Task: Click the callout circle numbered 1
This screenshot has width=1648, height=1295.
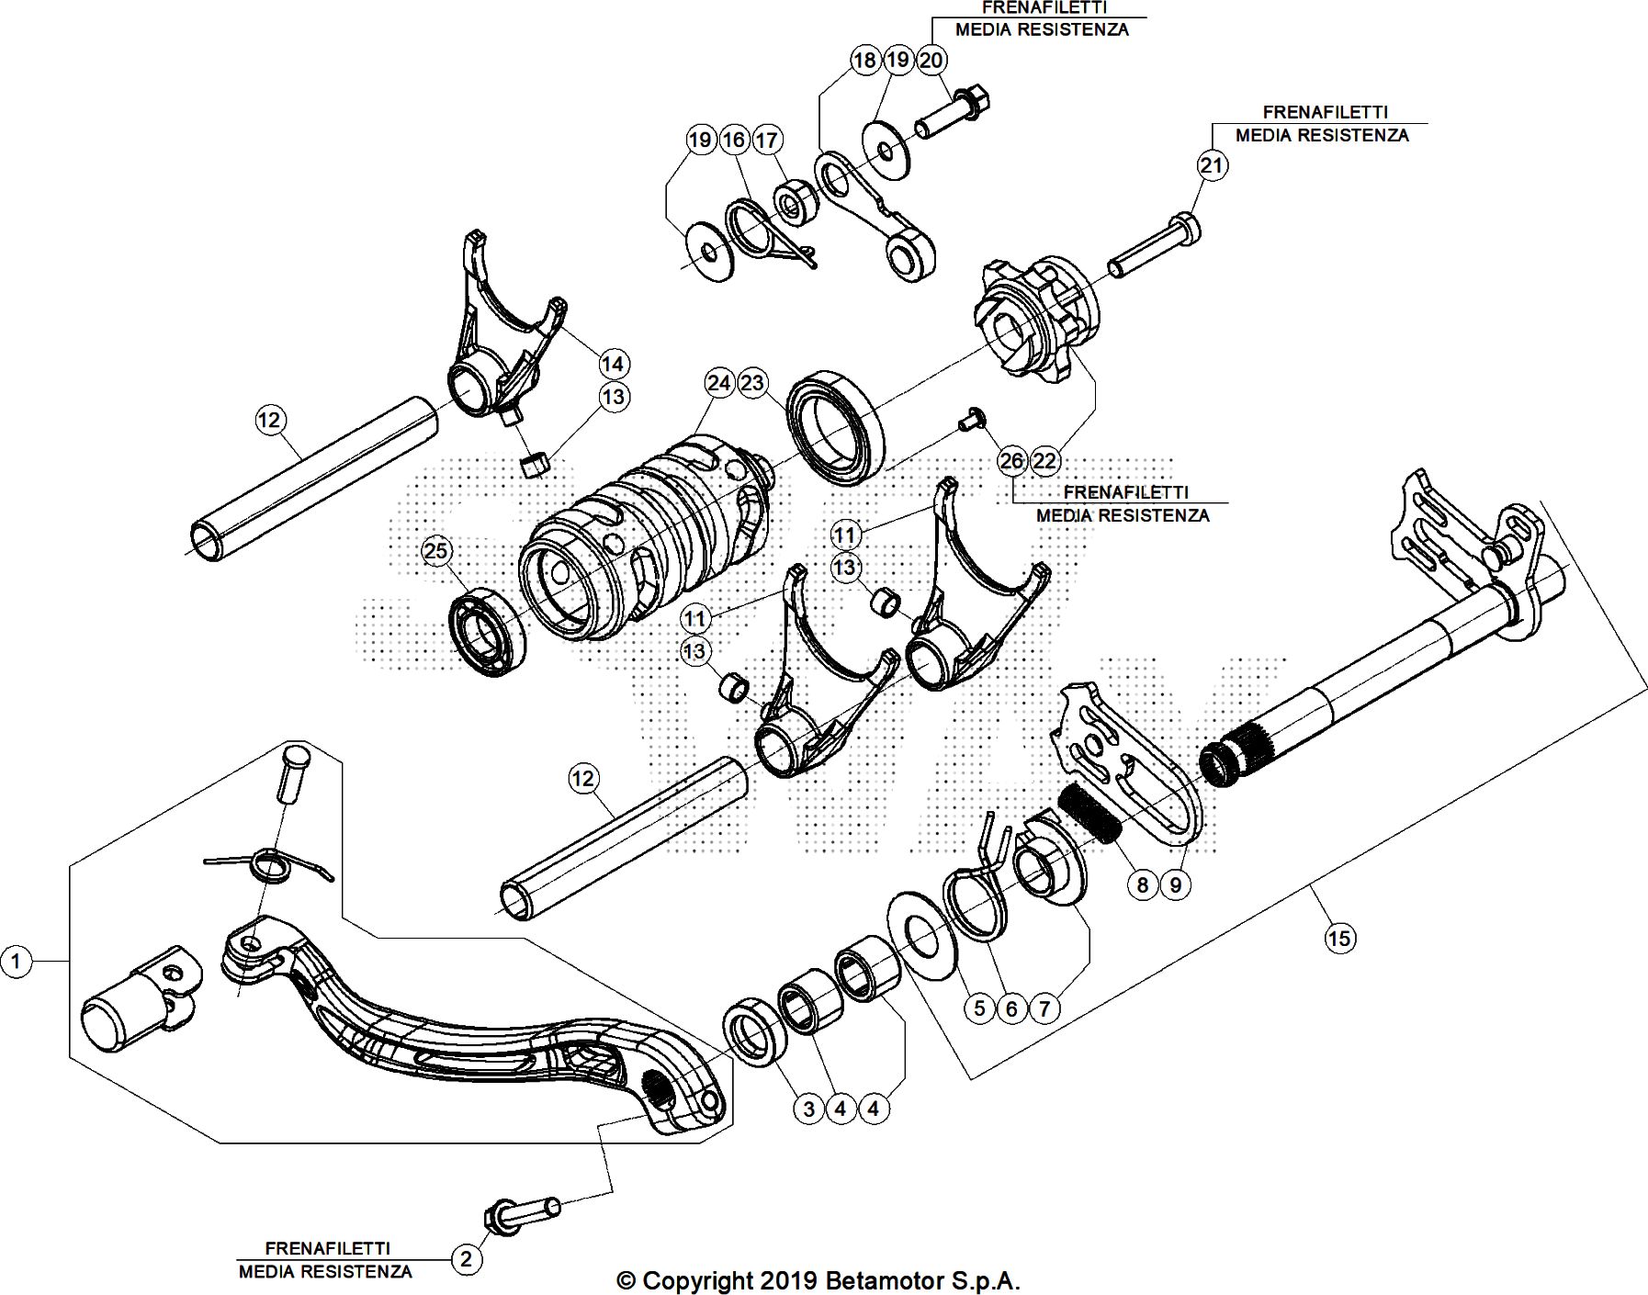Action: pyautogui.click(x=16, y=962)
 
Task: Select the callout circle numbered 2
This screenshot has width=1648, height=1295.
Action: pyautogui.click(x=466, y=1258)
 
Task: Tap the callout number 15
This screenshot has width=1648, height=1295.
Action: pyautogui.click(x=1339, y=938)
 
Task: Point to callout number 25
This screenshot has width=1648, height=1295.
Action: pyautogui.click(x=436, y=551)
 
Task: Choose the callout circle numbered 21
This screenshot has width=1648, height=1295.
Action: pyautogui.click(x=1213, y=165)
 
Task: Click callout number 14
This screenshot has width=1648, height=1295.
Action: pyautogui.click(x=613, y=364)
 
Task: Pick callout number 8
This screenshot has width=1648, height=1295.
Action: pyautogui.click(x=1142, y=884)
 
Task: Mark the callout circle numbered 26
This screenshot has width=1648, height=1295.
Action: pyautogui.click(x=1011, y=461)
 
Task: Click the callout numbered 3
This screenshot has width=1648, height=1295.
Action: pyautogui.click(x=808, y=1109)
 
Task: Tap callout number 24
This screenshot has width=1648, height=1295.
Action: pyautogui.click(x=719, y=383)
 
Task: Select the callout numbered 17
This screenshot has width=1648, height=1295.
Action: pyautogui.click(x=766, y=140)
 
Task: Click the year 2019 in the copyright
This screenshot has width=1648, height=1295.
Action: pyautogui.click(x=787, y=1280)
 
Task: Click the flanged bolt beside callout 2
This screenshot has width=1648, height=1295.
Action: pyautogui.click(x=520, y=1212)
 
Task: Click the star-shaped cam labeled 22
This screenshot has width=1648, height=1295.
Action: pyautogui.click(x=1029, y=317)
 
